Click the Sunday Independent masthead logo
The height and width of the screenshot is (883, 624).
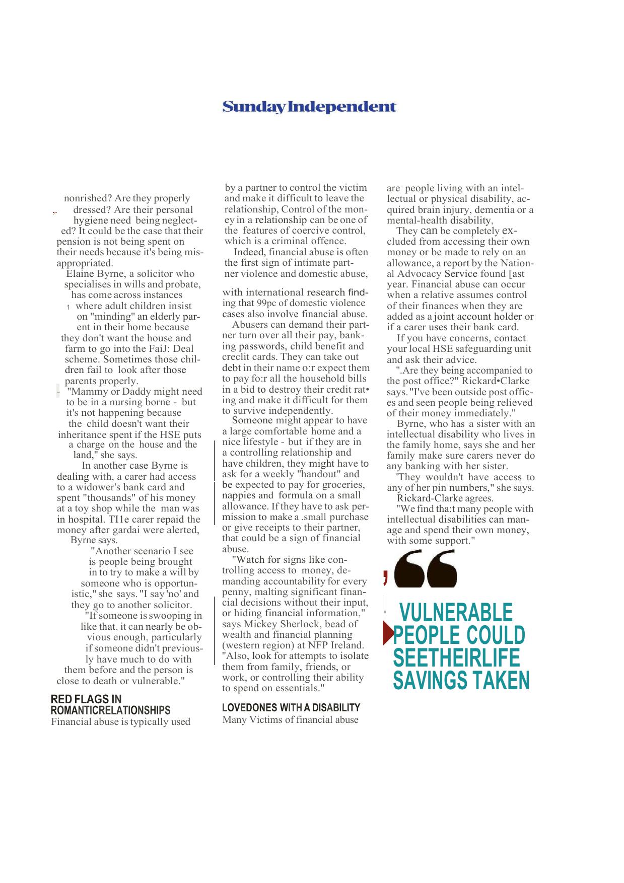click(x=309, y=107)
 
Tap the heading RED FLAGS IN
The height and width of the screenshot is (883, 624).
click(x=86, y=699)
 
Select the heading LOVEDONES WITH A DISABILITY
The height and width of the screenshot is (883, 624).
click(x=291, y=707)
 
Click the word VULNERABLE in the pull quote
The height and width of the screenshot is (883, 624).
click(x=456, y=612)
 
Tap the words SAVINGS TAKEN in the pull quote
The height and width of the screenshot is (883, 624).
click(x=461, y=680)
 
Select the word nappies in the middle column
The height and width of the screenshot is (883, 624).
click(x=239, y=495)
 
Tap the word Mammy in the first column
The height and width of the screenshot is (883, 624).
click(x=87, y=391)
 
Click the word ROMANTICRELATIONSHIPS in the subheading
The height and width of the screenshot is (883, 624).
click(x=110, y=710)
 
